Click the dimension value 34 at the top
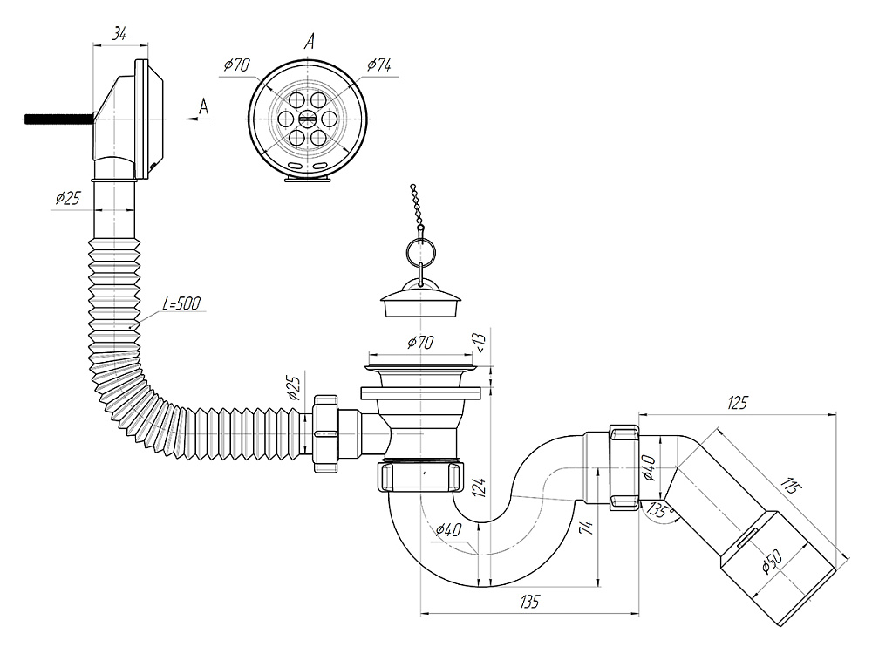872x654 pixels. (x=120, y=34)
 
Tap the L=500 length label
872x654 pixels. (x=181, y=303)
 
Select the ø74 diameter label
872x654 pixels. (x=378, y=65)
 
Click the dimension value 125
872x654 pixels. (x=738, y=402)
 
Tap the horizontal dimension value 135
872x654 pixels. (x=530, y=601)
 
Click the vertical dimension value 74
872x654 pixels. (x=589, y=525)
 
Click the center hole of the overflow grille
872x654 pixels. (x=307, y=119)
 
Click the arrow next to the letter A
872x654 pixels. (x=197, y=120)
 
